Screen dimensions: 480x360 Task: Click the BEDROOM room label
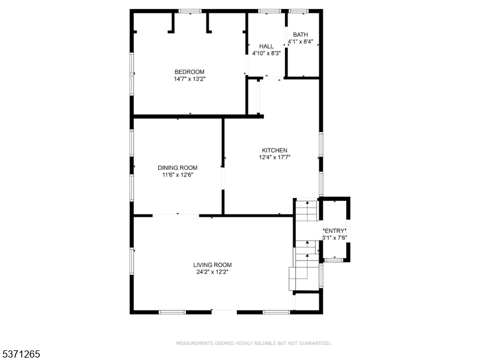[x=190, y=72]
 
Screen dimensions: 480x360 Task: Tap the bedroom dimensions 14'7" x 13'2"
[x=190, y=79]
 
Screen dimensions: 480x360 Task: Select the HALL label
[x=266, y=46]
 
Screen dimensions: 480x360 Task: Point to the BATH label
[x=301, y=35]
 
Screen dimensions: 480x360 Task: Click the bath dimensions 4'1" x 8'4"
[x=301, y=41]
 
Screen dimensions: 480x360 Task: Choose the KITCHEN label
[x=275, y=151]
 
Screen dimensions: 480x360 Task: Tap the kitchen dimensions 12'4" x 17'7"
[x=275, y=157]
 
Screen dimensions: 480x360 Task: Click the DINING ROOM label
[x=178, y=168]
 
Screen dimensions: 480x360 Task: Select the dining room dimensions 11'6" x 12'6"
[x=178, y=175]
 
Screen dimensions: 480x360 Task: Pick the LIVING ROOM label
[x=212, y=265]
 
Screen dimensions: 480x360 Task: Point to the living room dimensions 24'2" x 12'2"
[x=212, y=272]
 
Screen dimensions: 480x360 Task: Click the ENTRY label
[x=335, y=231]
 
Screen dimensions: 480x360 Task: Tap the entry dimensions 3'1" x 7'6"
[x=335, y=238]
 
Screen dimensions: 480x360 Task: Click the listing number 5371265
[x=20, y=354]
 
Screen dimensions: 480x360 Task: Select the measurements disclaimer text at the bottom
[x=254, y=343]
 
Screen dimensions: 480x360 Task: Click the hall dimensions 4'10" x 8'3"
[x=266, y=53]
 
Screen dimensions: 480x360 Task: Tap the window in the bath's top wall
[x=299, y=11]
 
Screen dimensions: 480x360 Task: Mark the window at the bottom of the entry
[x=334, y=260]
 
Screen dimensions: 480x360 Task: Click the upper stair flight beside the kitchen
[x=307, y=211]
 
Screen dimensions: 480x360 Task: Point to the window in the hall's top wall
[x=269, y=11]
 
